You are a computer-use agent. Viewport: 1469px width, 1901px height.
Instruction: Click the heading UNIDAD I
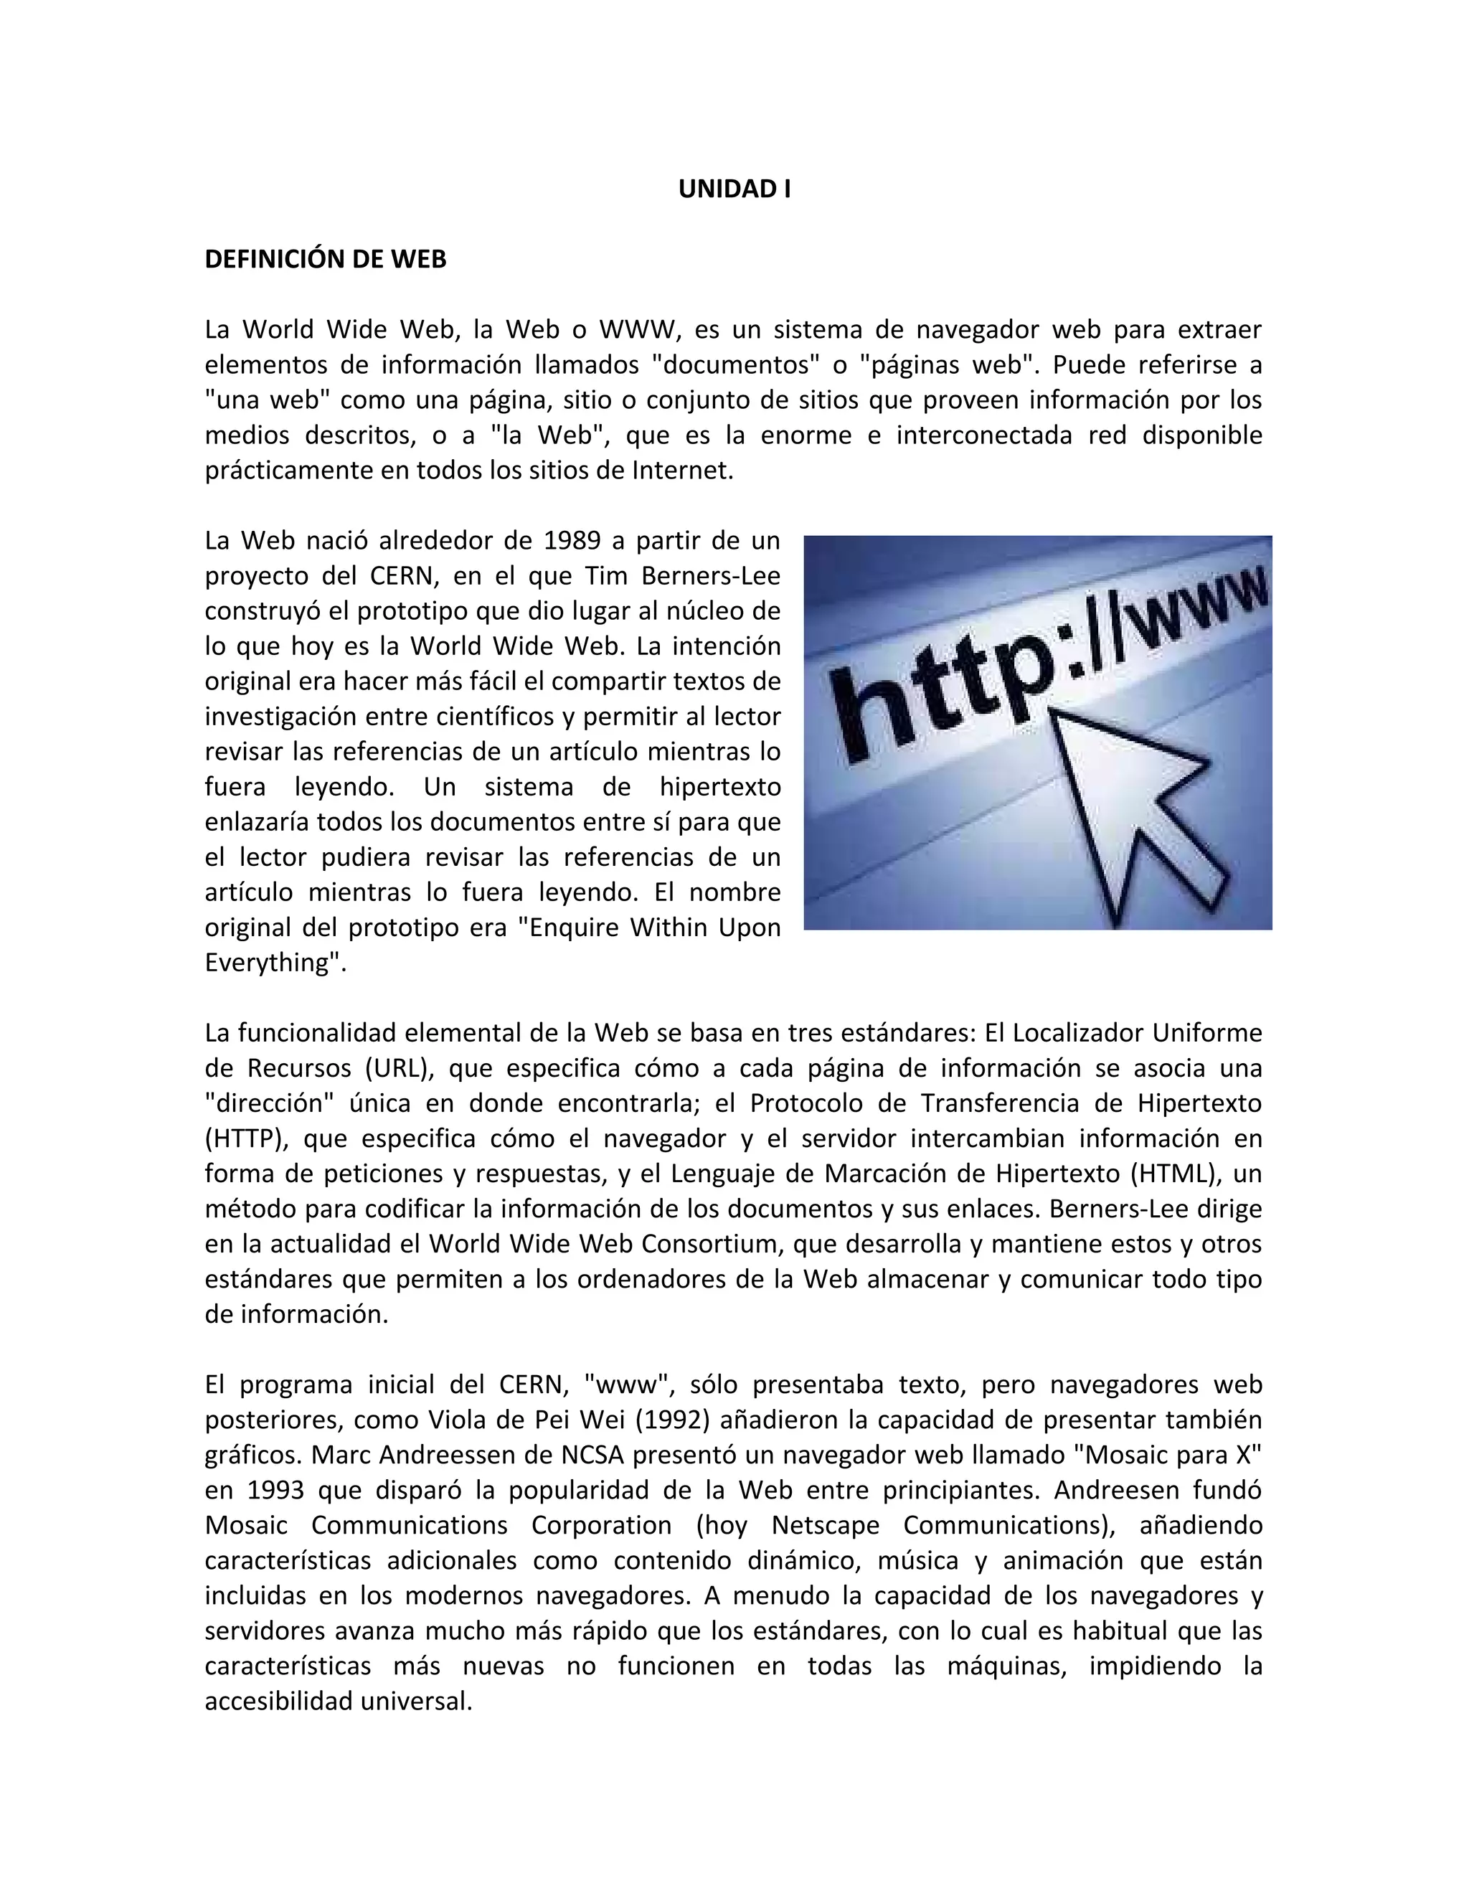point(734,189)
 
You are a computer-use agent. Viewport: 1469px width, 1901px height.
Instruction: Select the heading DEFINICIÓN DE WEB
point(326,260)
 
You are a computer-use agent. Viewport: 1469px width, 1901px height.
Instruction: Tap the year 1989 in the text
point(572,541)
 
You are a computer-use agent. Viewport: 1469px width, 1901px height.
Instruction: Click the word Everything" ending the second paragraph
point(275,963)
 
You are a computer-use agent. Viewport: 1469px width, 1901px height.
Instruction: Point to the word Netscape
point(825,1525)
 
